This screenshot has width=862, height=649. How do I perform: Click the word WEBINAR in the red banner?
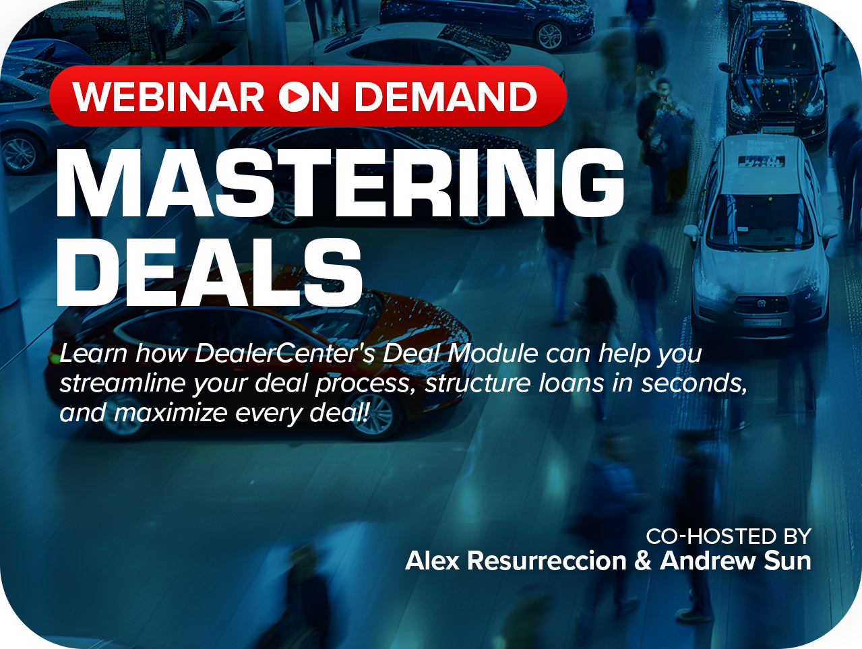168,96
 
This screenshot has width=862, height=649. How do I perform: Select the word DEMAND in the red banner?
445,96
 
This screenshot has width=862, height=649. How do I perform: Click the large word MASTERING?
340,183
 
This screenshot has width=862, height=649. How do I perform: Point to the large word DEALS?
209,272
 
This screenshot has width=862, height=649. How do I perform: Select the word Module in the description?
493,353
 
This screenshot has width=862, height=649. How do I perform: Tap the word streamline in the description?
122,383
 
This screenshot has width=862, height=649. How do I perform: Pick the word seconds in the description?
694,383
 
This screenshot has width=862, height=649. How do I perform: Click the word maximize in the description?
171,412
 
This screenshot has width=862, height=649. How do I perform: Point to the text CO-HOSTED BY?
729,536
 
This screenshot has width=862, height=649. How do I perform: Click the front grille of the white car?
761,303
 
